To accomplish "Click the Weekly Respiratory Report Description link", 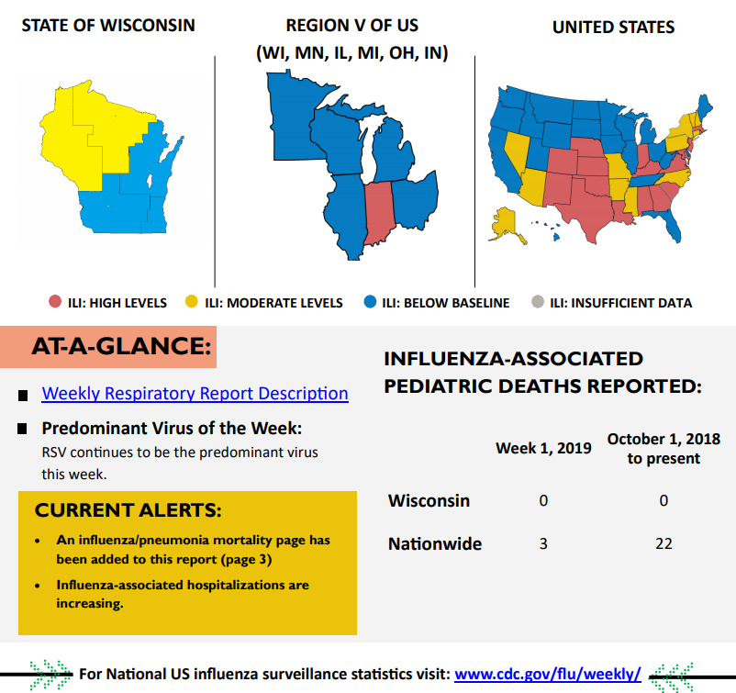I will click(x=195, y=394).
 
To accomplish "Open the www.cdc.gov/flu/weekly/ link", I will click(x=547, y=674).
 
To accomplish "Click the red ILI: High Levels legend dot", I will click(x=55, y=302).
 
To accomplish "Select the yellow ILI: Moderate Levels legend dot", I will click(x=192, y=302).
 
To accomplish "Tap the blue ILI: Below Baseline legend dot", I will click(x=370, y=302).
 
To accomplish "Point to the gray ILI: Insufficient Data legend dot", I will click(x=538, y=302).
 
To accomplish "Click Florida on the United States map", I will click(x=675, y=226).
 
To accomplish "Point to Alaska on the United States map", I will click(x=507, y=223).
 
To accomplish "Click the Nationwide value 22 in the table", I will click(x=664, y=544).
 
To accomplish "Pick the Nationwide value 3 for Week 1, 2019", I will click(x=543, y=544).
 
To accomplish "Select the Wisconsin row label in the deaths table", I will click(x=429, y=501).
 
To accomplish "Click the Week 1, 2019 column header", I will click(x=543, y=449).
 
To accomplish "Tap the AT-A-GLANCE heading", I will click(x=120, y=347).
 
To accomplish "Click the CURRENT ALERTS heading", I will click(x=128, y=510).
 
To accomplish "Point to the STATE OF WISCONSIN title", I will click(x=108, y=25).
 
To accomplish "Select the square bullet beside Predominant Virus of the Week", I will click(x=22, y=430).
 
